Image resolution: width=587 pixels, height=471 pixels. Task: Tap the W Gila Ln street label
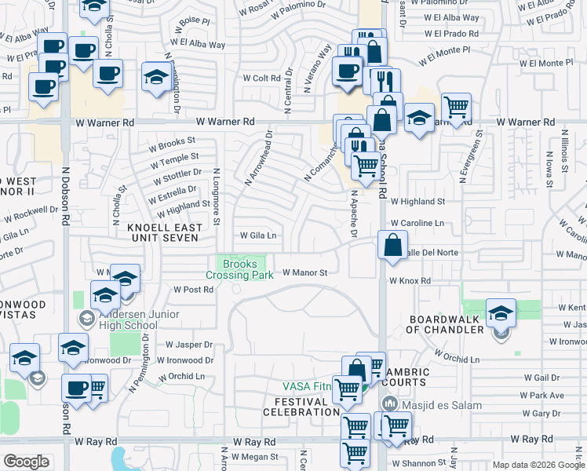(x=258, y=235)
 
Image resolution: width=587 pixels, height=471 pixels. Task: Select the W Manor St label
(x=304, y=272)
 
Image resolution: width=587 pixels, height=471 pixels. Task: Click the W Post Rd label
(x=193, y=290)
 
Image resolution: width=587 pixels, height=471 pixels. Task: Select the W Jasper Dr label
(x=189, y=345)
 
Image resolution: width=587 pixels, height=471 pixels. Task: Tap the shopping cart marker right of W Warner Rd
(x=456, y=106)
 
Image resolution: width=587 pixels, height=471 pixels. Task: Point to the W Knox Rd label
(x=410, y=280)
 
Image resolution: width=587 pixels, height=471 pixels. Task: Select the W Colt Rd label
(x=261, y=78)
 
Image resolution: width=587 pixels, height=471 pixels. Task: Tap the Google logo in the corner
(x=27, y=462)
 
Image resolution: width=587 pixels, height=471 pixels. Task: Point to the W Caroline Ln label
(x=417, y=223)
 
